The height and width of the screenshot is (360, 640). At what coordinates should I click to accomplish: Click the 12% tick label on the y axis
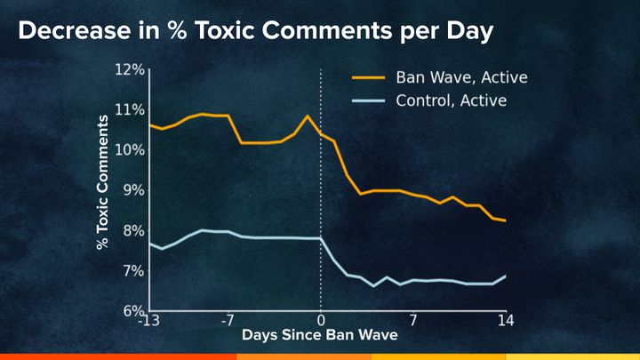130,69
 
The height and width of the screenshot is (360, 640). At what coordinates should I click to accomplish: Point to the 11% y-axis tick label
130,109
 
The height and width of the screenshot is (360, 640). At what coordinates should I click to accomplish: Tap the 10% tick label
130,149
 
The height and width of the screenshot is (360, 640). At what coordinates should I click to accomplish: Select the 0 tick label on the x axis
321,321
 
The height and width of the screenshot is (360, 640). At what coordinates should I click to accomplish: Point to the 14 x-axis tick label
506,321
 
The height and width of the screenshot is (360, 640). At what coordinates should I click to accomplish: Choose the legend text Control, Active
452,100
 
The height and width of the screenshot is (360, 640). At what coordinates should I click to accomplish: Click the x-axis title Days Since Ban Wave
320,336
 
